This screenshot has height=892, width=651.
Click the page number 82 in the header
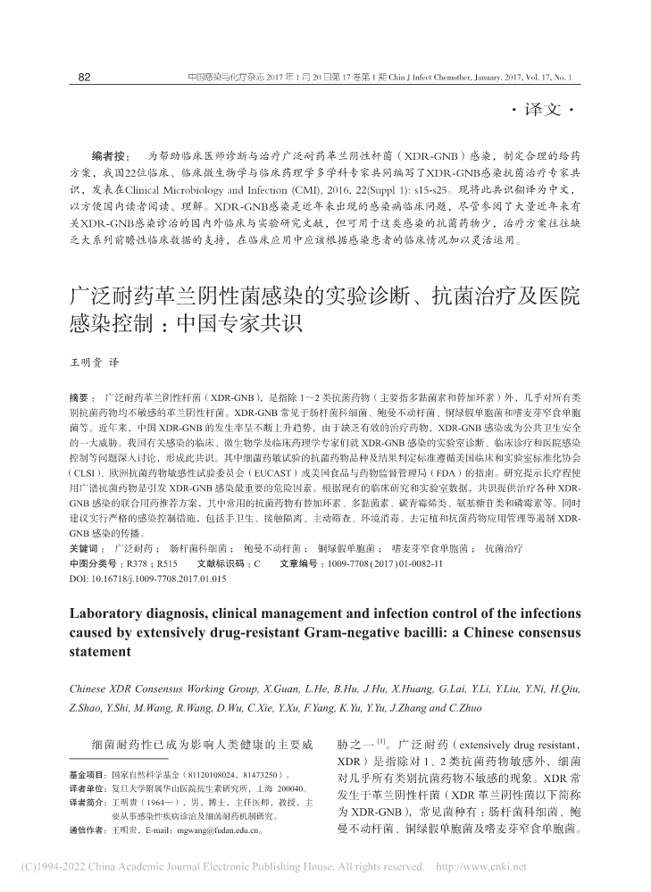pos(85,78)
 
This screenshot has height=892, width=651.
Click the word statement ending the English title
pos(100,652)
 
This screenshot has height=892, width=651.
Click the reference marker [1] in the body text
pos(380,740)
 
